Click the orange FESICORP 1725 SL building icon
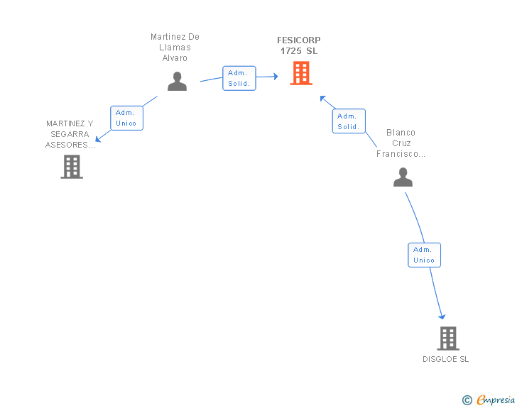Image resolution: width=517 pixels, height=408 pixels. coord(301,73)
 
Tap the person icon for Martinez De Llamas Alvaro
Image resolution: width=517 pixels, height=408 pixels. coord(177,81)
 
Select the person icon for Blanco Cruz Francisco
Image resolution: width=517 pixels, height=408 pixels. coord(403,177)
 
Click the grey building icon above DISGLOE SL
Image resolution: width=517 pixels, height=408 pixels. coord(448,338)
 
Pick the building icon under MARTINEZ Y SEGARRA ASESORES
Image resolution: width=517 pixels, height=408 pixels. coord(72,167)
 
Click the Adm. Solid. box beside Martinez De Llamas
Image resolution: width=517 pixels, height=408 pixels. coord(239,78)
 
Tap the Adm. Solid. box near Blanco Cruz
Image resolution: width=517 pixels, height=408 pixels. coord(349,121)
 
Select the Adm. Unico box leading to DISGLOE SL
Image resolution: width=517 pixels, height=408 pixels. coord(425,255)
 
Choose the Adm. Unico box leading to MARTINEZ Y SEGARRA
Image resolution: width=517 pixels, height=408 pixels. coord(126,118)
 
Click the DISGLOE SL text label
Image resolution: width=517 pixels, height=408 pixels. coord(446,359)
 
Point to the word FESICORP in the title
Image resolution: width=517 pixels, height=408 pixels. coord(299,40)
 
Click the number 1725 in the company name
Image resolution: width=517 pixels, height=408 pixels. coord(291,51)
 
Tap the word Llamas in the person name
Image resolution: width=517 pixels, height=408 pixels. coord(175,48)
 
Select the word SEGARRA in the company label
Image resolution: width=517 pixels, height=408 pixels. coord(70,134)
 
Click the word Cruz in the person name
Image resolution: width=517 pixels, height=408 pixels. coord(401,143)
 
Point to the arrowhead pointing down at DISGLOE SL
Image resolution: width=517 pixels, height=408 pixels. coord(442,316)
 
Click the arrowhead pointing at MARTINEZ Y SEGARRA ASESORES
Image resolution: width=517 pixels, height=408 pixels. coord(98,139)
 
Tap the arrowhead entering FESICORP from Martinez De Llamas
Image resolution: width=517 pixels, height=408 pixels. coord(276,77)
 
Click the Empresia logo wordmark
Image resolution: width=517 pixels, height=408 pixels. coord(496,399)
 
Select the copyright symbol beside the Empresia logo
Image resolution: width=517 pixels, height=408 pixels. coord(467,400)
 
